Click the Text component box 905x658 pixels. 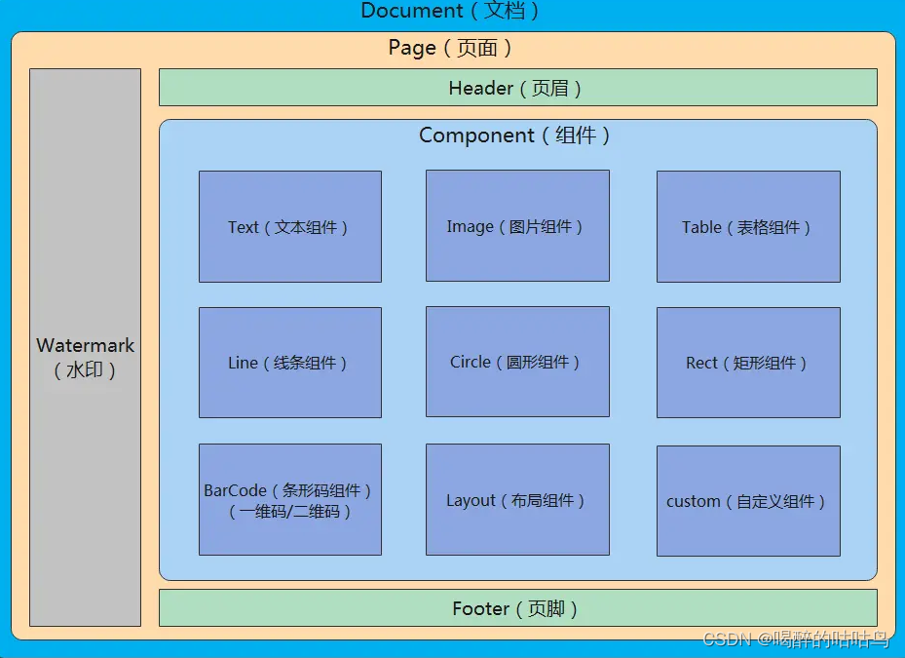[x=289, y=226]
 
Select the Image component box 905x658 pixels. [x=517, y=225]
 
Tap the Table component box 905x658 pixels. [x=748, y=226]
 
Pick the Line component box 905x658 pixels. [x=289, y=363]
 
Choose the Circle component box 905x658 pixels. [x=517, y=362]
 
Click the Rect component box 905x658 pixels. [x=748, y=363]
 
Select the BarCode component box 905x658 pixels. [x=289, y=499]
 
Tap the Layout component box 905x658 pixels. [x=517, y=500]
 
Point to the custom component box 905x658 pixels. [x=748, y=501]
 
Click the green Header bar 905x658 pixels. [x=517, y=87]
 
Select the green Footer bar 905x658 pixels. [x=517, y=608]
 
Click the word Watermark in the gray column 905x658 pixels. [x=86, y=345]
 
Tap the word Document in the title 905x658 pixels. [x=412, y=11]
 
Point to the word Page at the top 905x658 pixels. [x=412, y=48]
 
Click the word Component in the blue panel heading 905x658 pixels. [x=477, y=135]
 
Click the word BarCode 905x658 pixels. [x=235, y=490]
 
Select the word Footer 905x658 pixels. [x=481, y=608]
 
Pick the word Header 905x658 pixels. [x=481, y=88]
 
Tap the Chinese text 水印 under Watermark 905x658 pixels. [x=86, y=370]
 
